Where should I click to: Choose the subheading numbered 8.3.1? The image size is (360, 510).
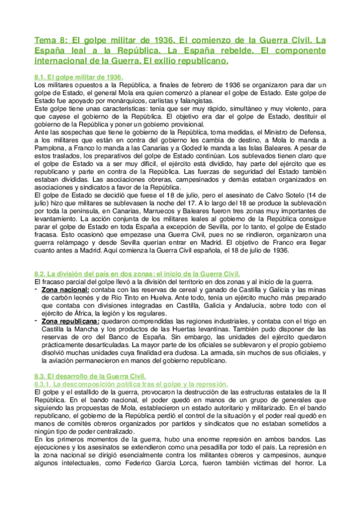(130, 383)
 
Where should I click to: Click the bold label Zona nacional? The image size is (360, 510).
(66, 289)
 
